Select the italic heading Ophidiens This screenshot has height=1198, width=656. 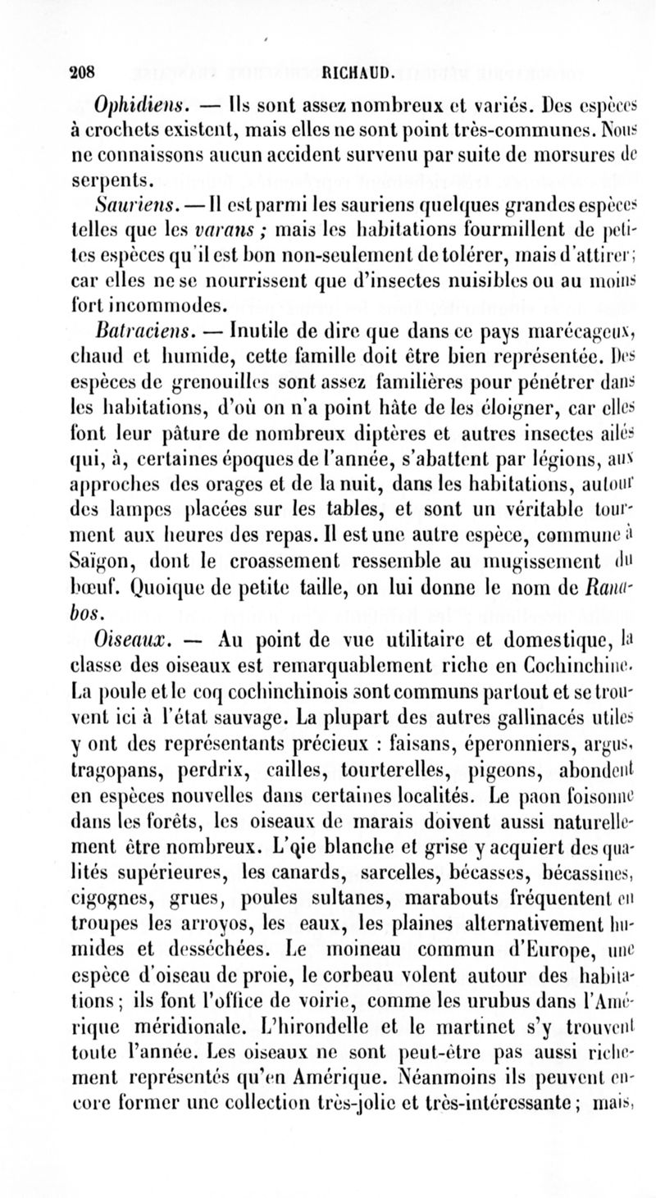(x=132, y=107)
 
